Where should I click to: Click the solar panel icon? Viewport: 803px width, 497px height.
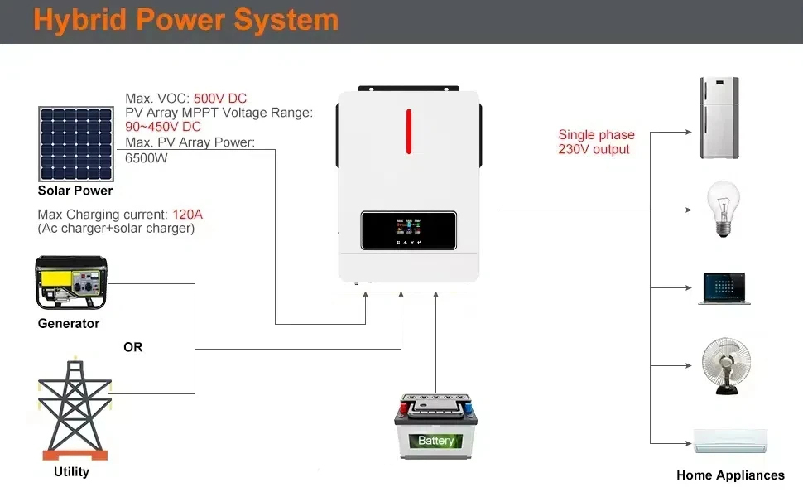point(76,144)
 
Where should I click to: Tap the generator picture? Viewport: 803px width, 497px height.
point(71,282)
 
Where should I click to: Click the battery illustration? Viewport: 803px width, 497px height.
point(435,427)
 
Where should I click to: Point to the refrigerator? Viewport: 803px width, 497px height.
point(719,118)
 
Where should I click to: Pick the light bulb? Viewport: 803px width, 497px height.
point(723,208)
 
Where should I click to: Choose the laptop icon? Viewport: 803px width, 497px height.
point(724,289)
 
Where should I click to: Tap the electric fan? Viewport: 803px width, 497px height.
point(726,366)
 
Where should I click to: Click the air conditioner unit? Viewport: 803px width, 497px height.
point(731,442)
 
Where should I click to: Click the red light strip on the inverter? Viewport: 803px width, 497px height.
point(409,131)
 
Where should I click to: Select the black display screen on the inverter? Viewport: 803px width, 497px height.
point(409,230)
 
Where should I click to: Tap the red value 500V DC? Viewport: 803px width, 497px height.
point(220,99)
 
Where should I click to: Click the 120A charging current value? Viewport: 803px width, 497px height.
point(187,215)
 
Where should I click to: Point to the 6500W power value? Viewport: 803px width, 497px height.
point(147,158)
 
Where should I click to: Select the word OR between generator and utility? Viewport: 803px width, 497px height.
point(133,347)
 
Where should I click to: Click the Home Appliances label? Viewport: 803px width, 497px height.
point(730,475)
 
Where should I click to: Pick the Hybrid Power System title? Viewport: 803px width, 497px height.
point(186,20)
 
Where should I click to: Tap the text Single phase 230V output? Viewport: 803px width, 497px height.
point(596,142)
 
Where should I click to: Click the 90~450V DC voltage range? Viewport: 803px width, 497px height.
point(163,127)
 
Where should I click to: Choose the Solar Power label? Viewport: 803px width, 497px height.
point(75,191)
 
